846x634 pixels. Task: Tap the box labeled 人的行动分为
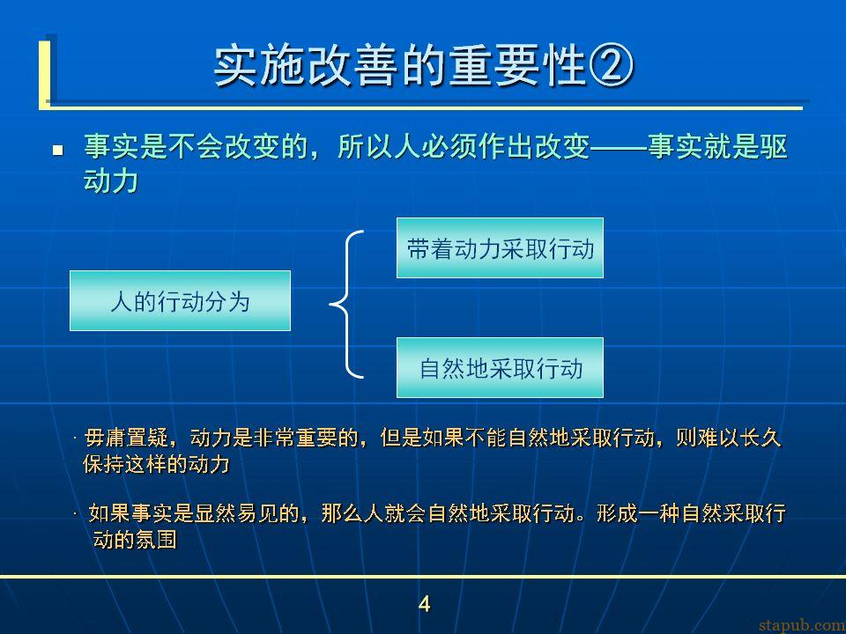pos(180,301)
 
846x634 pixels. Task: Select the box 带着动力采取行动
pos(501,248)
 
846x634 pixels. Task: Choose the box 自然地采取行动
pos(501,368)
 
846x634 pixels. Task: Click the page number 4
pos(424,604)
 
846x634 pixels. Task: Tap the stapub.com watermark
pos(802,625)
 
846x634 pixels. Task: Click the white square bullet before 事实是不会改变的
pos(58,150)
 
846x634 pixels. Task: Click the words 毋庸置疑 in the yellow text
pos(126,438)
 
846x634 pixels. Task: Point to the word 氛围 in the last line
pos(156,539)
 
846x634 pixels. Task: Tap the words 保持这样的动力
pos(157,464)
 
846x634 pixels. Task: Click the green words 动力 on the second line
pos(111,181)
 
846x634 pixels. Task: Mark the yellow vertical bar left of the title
pos(44,73)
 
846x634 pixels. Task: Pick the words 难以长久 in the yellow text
pos(739,438)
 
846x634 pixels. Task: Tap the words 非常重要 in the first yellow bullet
pos(296,438)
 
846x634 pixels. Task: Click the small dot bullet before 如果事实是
pos(76,513)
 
